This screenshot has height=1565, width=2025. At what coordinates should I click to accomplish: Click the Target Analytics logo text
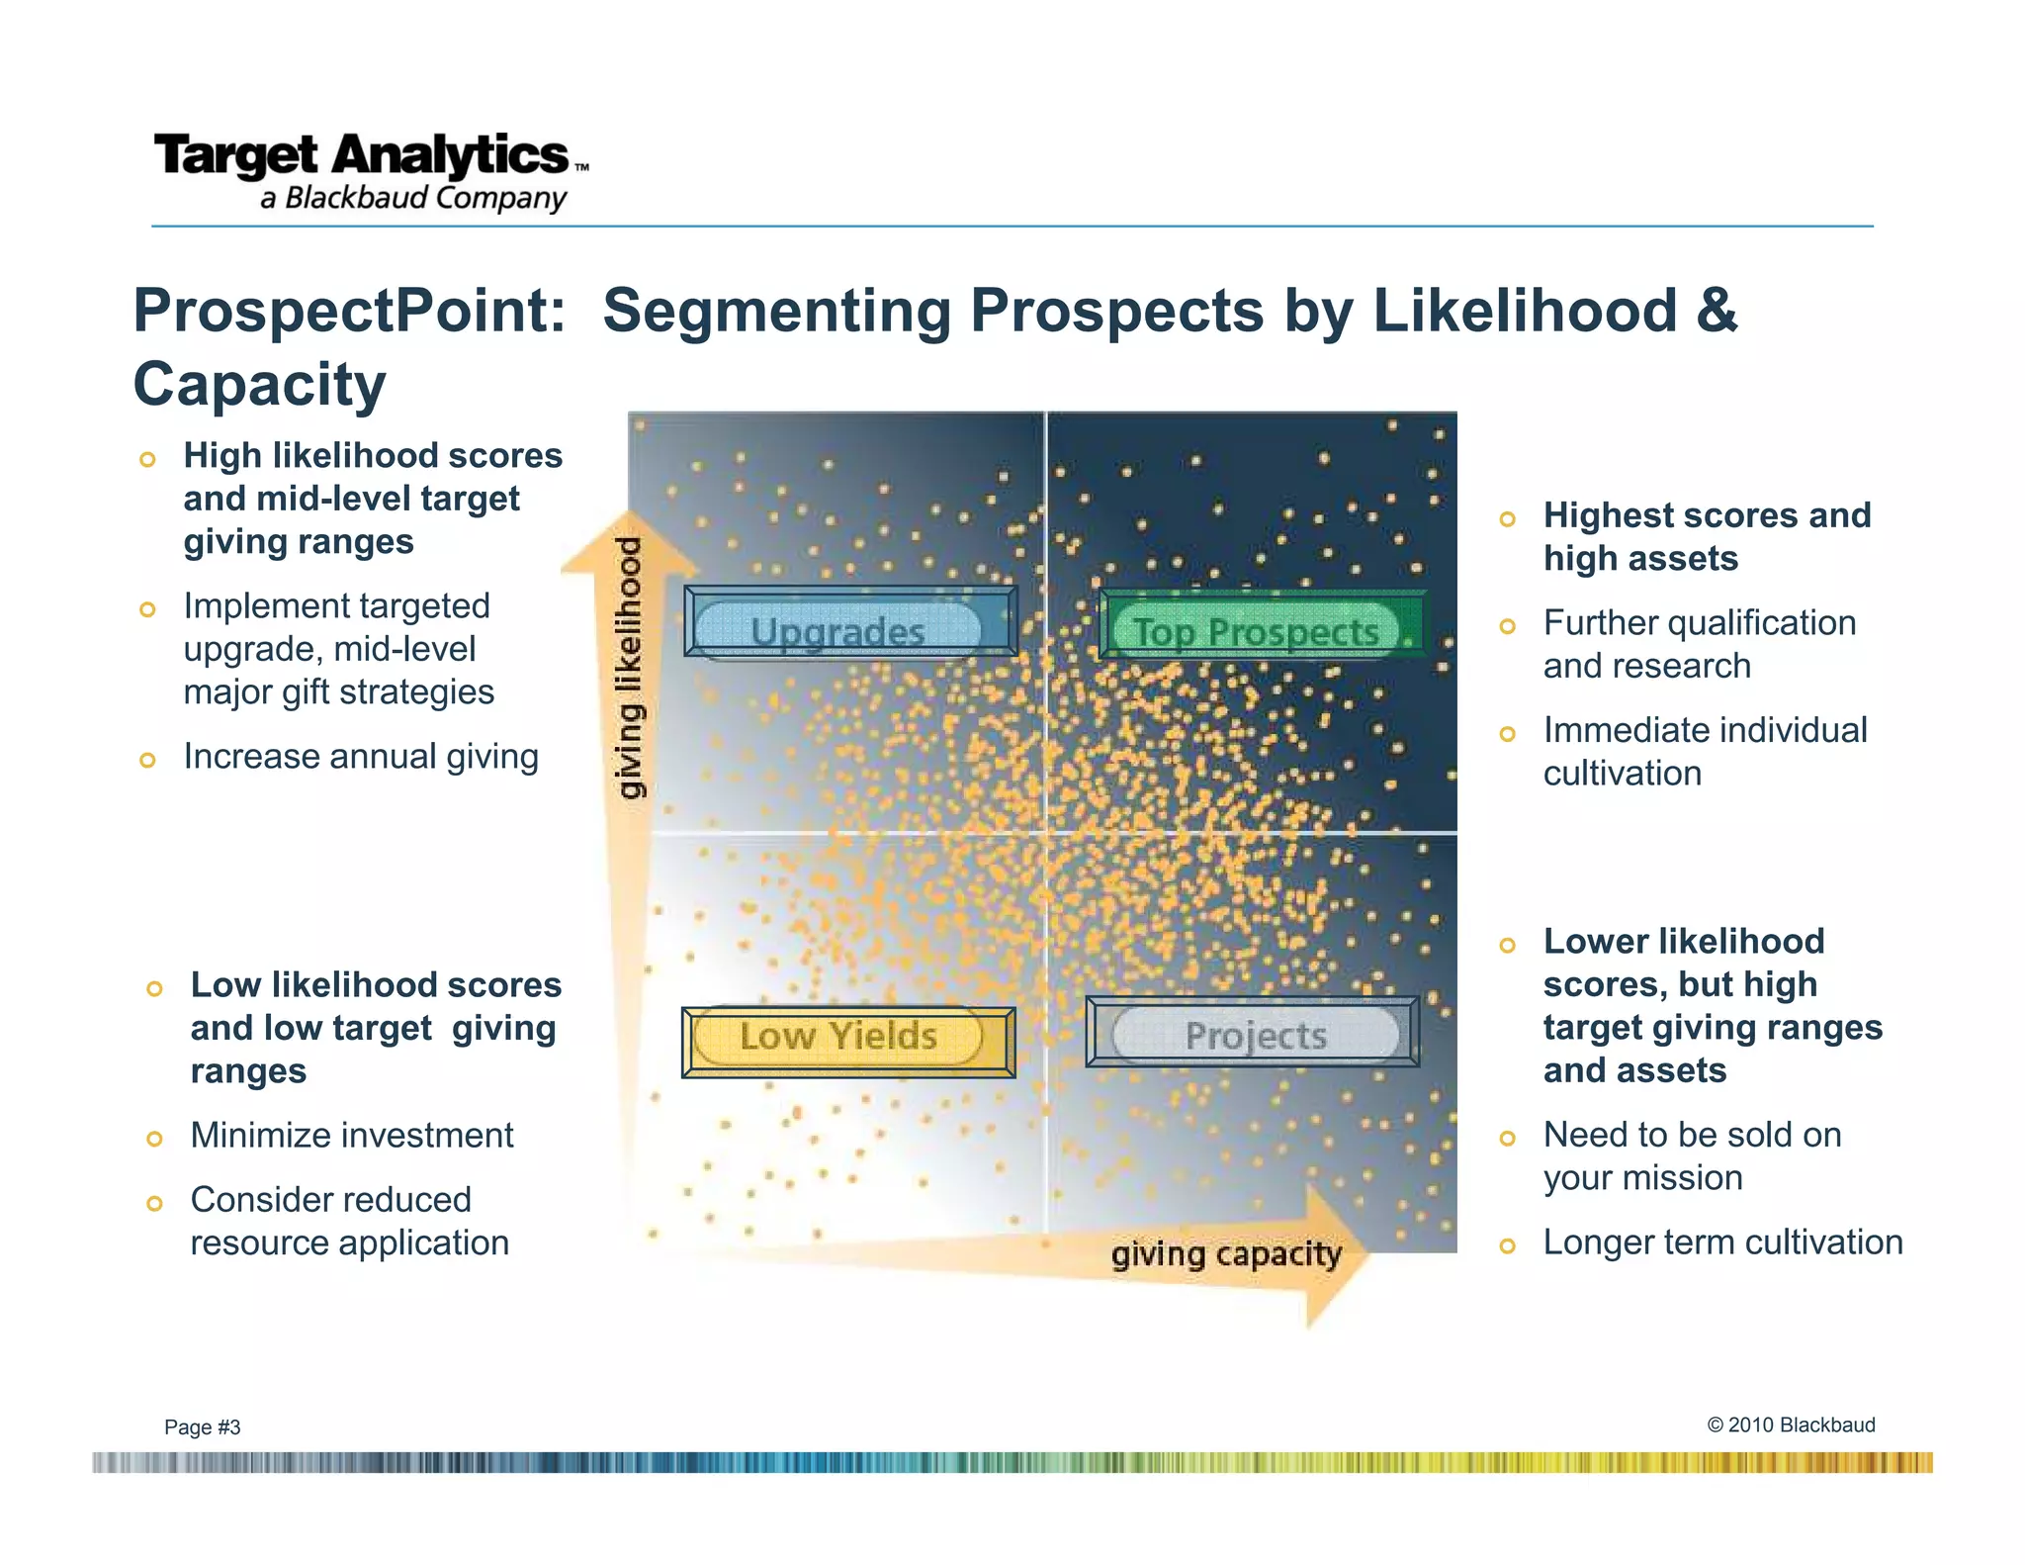click(362, 155)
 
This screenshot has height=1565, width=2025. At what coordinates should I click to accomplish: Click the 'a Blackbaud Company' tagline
click(413, 198)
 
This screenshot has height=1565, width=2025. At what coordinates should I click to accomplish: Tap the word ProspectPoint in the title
click(349, 311)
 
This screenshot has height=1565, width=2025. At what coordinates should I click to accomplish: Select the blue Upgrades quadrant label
click(838, 630)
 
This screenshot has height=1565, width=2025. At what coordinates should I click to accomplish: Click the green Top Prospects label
click(1256, 630)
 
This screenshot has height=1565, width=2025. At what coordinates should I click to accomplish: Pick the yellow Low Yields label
click(838, 1036)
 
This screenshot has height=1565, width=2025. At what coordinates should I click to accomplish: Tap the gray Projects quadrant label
click(1256, 1036)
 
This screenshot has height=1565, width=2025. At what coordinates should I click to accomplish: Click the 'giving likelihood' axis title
click(630, 668)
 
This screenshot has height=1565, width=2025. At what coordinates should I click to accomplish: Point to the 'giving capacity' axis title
click(1226, 1254)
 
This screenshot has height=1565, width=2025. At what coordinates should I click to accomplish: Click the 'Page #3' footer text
click(202, 1427)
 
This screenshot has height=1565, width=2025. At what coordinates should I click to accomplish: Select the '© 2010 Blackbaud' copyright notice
click(1791, 1425)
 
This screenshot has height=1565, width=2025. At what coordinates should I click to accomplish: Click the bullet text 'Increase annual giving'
click(361, 757)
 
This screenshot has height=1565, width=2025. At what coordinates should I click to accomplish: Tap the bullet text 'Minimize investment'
click(352, 1136)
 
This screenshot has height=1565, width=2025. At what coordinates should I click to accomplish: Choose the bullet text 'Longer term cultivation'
click(1722, 1243)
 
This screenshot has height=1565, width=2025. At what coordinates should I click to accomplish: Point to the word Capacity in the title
click(259, 384)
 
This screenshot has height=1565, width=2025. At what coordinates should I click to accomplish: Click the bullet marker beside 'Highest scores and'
click(1507, 518)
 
